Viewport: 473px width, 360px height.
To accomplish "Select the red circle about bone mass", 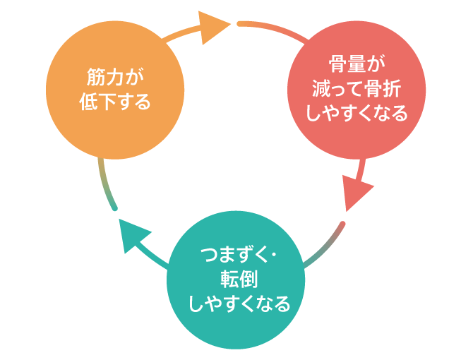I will click(x=357, y=90).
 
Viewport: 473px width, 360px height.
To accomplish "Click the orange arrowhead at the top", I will click(x=214, y=27).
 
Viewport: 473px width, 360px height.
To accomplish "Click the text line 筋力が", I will click(x=115, y=76).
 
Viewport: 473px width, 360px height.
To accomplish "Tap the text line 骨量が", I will click(x=357, y=64).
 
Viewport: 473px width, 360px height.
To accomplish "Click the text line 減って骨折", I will click(x=357, y=89).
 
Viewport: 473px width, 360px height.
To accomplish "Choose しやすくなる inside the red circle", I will click(x=357, y=114).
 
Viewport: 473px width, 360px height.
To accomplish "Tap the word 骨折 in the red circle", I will click(x=382, y=89).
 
